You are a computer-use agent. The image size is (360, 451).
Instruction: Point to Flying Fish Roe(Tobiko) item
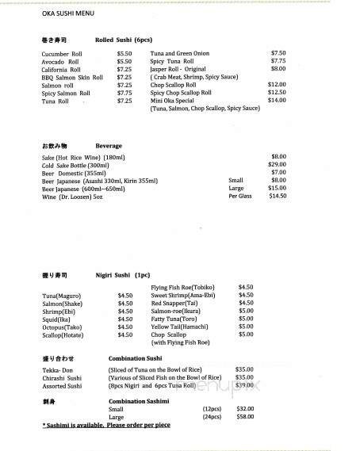click(189, 287)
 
